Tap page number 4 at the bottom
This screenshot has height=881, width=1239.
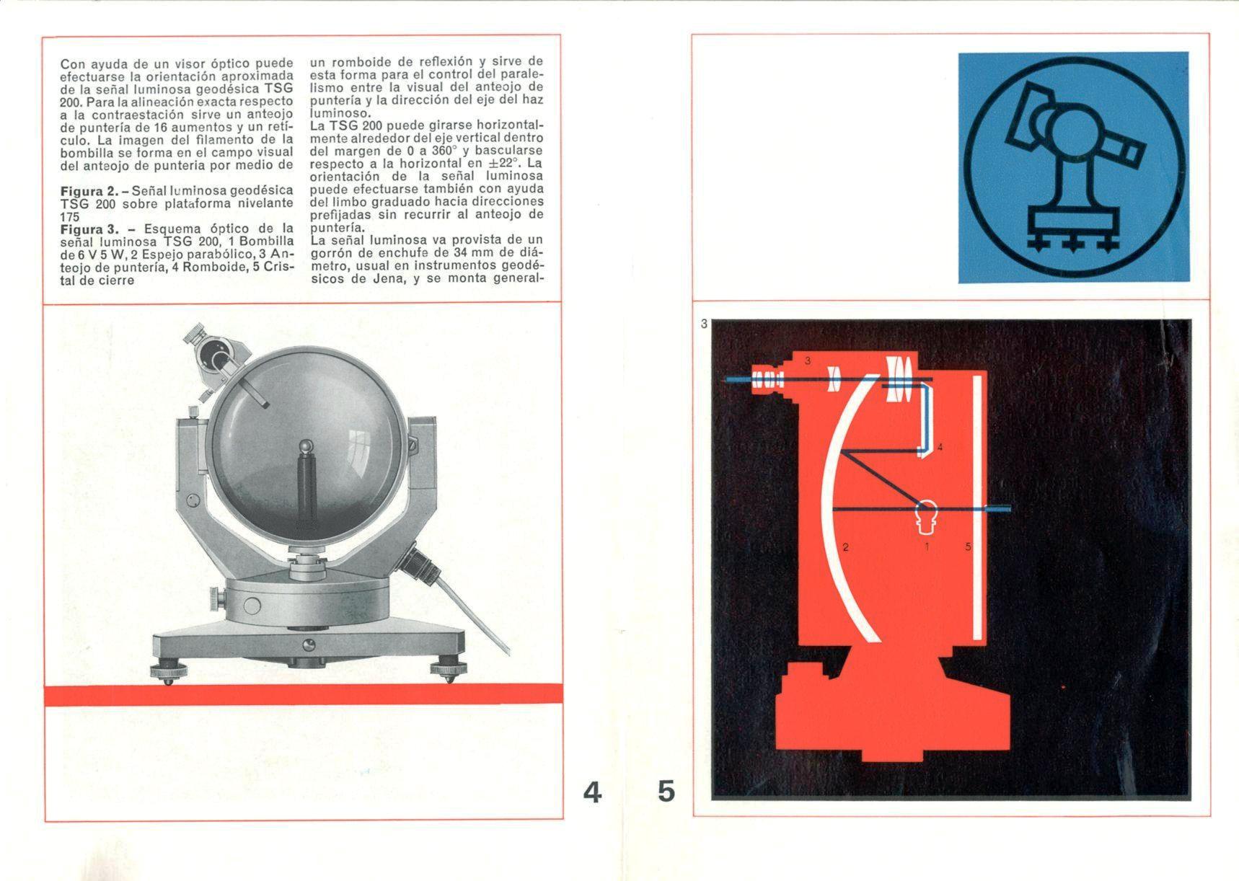coord(592,792)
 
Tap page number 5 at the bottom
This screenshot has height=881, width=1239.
coord(666,792)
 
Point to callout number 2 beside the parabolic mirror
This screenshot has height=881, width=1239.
coord(845,547)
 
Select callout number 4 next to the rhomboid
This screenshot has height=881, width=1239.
coord(940,448)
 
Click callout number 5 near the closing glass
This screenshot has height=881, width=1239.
coord(968,546)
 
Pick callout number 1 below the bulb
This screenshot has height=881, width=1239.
coord(927,546)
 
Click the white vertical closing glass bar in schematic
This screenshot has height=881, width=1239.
coord(977,508)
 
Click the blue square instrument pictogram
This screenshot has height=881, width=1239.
coord(1073,167)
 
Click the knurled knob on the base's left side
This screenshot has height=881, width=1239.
coord(218,598)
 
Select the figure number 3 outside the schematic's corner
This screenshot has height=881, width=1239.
coord(704,324)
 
